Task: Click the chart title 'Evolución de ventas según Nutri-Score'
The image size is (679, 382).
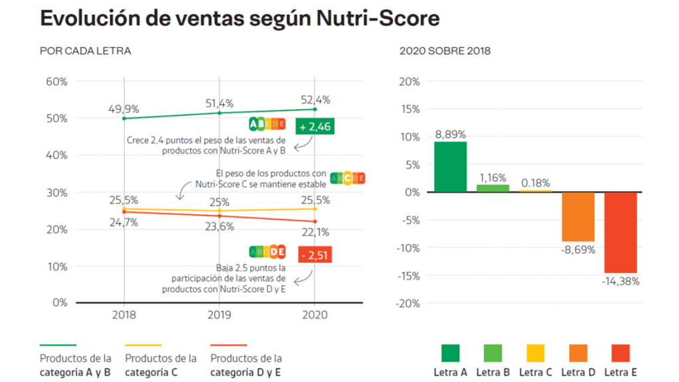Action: (x=240, y=19)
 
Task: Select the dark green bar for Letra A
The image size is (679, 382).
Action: (x=451, y=166)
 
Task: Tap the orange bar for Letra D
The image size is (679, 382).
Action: (x=578, y=217)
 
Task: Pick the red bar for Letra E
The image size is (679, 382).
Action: (x=621, y=232)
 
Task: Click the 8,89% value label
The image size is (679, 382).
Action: (x=451, y=134)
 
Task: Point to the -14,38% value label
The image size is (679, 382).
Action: (x=621, y=281)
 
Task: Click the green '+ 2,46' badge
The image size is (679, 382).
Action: (x=315, y=125)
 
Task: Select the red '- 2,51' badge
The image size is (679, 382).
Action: (x=315, y=255)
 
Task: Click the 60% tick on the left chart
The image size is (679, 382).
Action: (x=56, y=82)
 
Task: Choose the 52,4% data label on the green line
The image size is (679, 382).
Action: (x=315, y=100)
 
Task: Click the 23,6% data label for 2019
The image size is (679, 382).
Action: (x=219, y=226)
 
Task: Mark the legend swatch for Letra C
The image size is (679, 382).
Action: (x=536, y=353)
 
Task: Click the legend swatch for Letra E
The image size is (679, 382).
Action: (x=621, y=353)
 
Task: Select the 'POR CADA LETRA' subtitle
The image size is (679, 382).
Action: (x=86, y=51)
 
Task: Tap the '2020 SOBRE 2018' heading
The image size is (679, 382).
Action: (x=445, y=51)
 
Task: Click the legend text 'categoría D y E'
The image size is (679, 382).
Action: (x=245, y=372)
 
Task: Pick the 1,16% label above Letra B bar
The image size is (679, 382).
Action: (x=493, y=178)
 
